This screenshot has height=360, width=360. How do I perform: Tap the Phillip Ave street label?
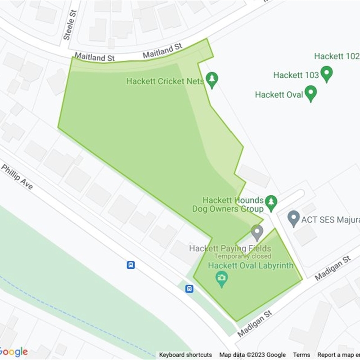coord(17,176)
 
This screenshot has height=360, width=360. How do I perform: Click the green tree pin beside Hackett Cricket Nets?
coord(212,80)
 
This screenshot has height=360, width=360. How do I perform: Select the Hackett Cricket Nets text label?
coord(162,81)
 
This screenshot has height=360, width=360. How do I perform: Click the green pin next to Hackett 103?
coord(326,74)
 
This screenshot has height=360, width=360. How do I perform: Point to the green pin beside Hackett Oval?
coord(310,94)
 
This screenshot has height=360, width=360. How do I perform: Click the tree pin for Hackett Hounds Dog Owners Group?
coord(270,203)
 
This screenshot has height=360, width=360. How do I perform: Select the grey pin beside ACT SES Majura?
coord(293,219)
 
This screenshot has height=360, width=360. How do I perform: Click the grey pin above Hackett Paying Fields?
coord(257,233)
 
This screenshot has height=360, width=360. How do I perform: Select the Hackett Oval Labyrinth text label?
coord(251,265)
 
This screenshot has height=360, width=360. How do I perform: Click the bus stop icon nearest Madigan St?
coord(189,288)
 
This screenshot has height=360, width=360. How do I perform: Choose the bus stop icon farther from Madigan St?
coord(130,265)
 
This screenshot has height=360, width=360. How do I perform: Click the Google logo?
coord(13,352)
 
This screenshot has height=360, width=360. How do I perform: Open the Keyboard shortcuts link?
coord(185,355)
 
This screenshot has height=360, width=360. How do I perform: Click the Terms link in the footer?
coord(301,355)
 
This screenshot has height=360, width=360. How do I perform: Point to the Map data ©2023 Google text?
coord(252,355)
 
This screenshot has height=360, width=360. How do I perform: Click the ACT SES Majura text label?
coord(331,220)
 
